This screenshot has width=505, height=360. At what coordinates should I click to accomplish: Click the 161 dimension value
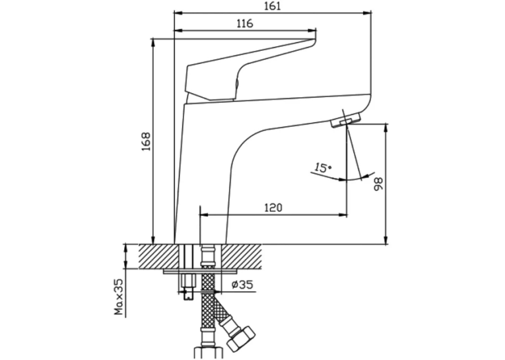click(273, 6)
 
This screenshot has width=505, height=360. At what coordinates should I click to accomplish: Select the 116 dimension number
click(245, 24)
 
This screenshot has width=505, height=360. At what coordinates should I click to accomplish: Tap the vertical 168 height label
click(146, 141)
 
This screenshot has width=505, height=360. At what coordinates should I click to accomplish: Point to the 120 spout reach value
click(273, 207)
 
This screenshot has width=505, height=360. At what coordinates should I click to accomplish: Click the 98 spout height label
click(378, 184)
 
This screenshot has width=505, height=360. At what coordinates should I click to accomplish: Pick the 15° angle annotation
click(323, 168)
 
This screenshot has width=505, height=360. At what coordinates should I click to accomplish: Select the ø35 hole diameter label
click(242, 285)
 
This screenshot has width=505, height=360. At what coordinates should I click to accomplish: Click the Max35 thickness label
click(119, 297)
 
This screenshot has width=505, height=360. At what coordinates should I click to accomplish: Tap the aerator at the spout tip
click(345, 120)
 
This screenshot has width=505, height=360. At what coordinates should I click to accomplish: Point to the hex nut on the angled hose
click(240, 338)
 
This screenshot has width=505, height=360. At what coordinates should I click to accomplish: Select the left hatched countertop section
click(158, 256)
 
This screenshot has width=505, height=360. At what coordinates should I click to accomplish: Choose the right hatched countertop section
click(241, 256)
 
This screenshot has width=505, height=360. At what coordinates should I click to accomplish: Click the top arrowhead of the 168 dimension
click(153, 43)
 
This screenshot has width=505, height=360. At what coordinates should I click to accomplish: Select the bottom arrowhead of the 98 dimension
click(386, 240)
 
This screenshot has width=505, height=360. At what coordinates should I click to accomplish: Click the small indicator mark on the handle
click(237, 85)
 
